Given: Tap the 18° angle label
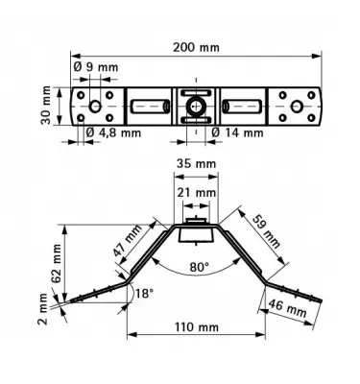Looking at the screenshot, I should click(x=145, y=293).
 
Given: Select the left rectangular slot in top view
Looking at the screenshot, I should click(x=150, y=104).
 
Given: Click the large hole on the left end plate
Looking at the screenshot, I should click(x=98, y=104).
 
